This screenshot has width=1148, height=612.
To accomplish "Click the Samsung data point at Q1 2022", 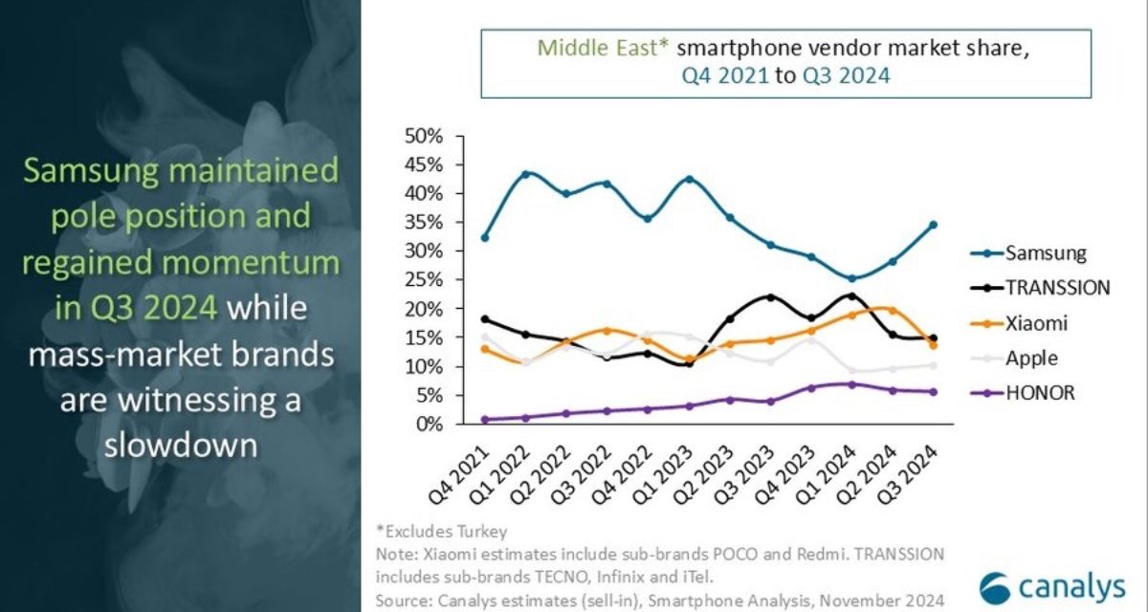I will [526, 174].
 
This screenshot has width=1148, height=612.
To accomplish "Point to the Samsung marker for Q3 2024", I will [932, 225].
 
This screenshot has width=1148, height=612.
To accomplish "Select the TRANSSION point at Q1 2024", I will [851, 296].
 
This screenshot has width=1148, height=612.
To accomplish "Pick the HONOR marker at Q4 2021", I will [486, 419].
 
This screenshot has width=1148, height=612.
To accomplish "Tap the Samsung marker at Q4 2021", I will [485, 237].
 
